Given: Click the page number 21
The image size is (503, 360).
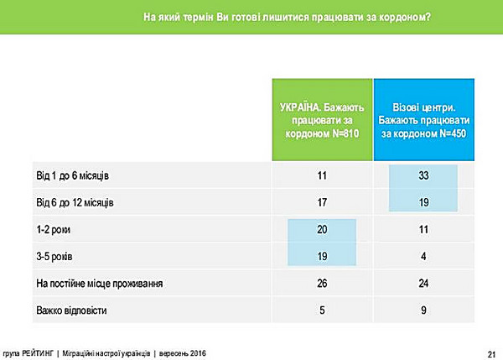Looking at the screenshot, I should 490,352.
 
